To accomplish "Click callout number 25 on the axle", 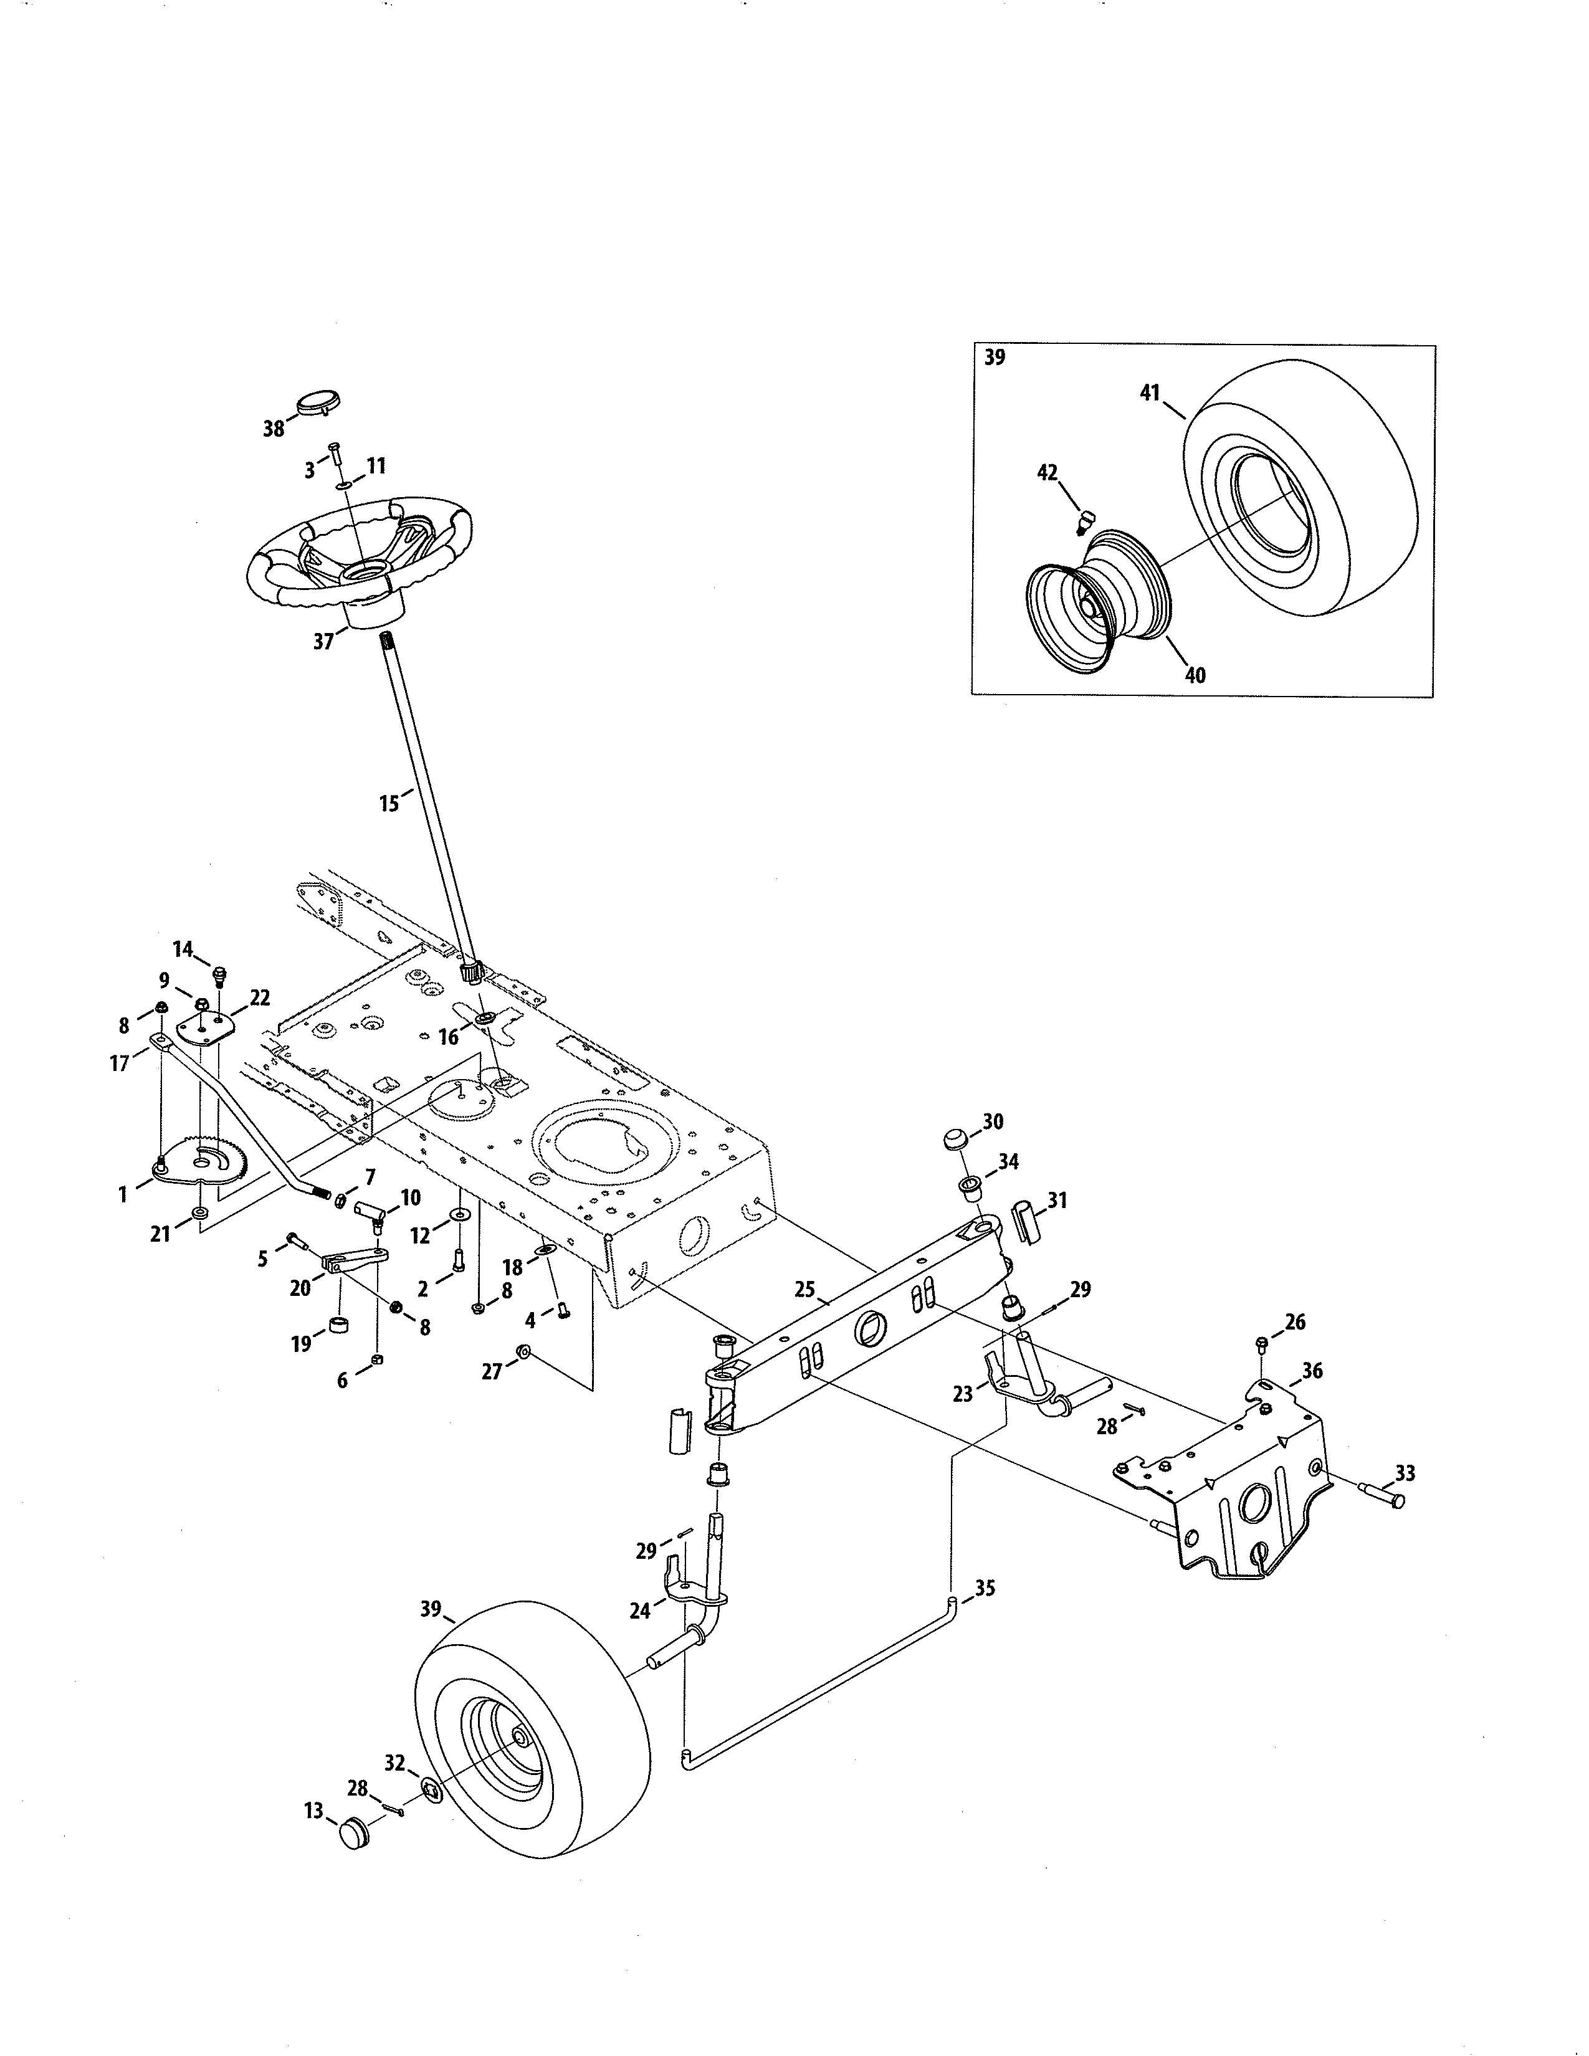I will click(804, 1289).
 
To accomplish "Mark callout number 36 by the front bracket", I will click(1312, 1371).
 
